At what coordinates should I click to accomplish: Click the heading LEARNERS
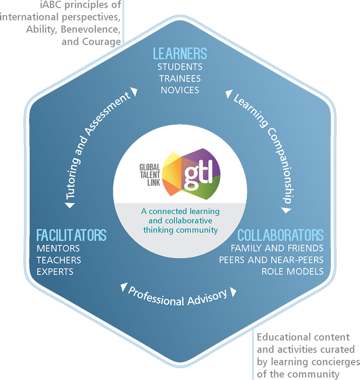pos(180,54)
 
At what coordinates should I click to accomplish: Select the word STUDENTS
pos(180,67)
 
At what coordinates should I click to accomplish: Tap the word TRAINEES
pos(180,79)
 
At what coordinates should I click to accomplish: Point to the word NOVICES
pos(180,90)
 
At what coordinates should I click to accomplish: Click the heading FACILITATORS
pos(71,235)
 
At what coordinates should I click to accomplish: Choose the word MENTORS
pos(58,248)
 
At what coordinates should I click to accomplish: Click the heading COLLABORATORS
pos(280,235)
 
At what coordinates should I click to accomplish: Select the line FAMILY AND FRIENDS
pos(277,248)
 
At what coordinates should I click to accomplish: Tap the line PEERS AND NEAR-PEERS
pos(271,260)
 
